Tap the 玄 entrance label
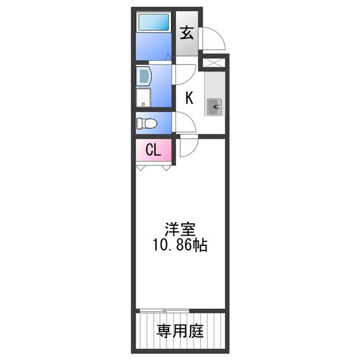(187, 33)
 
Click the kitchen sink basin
(214, 106)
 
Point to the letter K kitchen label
(190, 98)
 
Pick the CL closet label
(153, 150)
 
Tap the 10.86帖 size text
(179, 245)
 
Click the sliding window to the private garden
(164, 310)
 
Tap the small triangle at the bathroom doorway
(168, 56)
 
